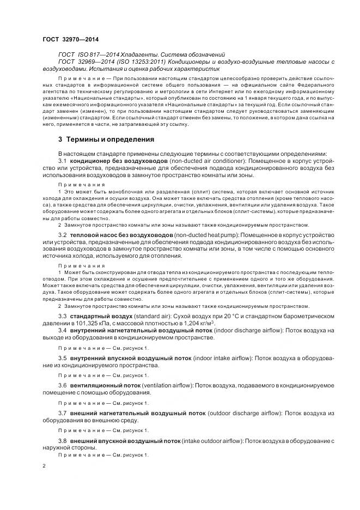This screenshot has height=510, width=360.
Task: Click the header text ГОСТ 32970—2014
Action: click(70, 39)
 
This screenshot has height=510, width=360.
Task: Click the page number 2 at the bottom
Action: click(44, 466)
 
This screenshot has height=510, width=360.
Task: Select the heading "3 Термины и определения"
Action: click(106, 139)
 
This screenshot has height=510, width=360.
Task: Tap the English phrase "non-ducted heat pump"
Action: click(202, 234)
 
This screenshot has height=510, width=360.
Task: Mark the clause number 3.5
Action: click(62, 357)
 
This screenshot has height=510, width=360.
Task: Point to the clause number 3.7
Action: click(62, 413)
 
